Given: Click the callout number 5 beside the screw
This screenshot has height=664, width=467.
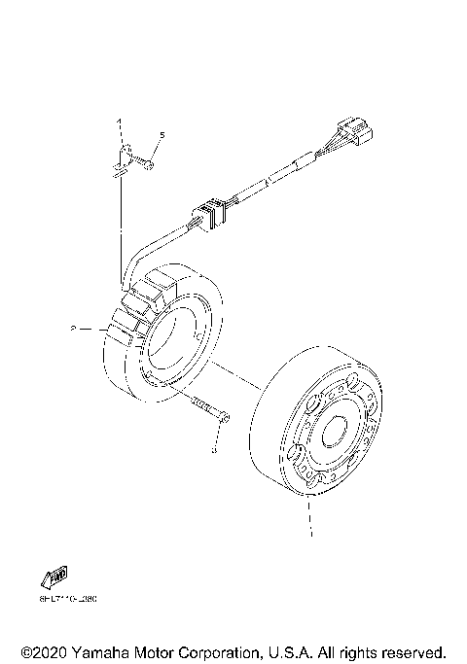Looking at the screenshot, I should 161,136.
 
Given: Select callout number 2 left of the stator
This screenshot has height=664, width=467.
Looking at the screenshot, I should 73,330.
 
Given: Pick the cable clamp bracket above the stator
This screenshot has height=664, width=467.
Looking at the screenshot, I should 121,162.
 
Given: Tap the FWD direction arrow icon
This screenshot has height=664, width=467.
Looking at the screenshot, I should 55,577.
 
